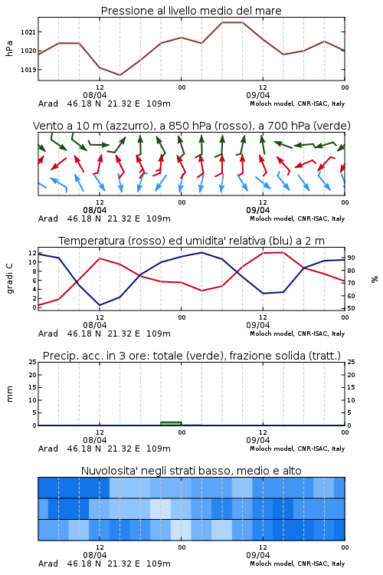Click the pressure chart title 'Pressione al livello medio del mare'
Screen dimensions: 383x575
coord(191,11)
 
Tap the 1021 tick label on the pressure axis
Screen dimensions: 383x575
coord(28,32)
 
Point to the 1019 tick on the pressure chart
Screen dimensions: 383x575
coord(28,70)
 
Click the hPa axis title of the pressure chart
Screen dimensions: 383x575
coord(9,48)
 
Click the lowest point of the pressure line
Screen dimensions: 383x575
coord(119,75)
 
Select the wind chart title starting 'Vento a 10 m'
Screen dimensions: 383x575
coord(191,126)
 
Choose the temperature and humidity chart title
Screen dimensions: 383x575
coord(191,241)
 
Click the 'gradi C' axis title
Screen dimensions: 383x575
coord(9,279)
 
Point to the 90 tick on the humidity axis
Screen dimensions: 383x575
coord(351,258)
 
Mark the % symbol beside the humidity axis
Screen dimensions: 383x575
coord(375,279)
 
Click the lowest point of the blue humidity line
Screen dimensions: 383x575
coord(100,305)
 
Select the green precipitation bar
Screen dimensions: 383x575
coord(171,423)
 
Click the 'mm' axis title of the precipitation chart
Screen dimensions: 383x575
coord(9,394)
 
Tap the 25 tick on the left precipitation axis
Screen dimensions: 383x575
coord(33,362)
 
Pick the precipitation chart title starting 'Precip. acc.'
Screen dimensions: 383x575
coord(191,356)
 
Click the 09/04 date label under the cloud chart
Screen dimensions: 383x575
coord(258,555)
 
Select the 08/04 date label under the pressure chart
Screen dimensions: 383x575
coord(95,95)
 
